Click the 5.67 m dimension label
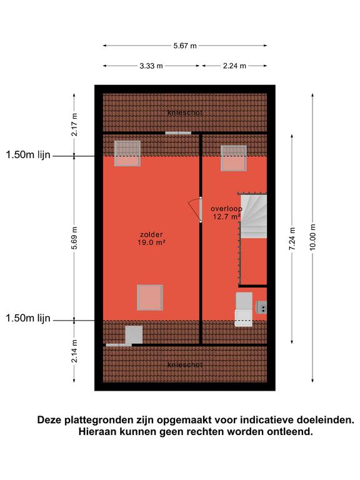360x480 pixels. point(185,46)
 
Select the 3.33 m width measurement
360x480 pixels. point(151,66)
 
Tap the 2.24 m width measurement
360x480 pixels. point(234,66)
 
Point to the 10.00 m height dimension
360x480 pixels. point(312,237)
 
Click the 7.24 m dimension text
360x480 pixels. point(292,239)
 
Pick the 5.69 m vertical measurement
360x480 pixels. point(74,238)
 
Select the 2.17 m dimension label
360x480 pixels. point(74,124)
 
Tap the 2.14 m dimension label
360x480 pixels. point(74,351)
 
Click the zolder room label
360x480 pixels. point(151,235)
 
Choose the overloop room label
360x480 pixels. point(226,209)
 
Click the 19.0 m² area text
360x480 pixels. point(151,242)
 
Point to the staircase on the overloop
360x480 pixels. point(254,216)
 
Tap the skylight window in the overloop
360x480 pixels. point(234,158)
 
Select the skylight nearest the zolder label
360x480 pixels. point(150,297)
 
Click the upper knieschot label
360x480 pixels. point(185,112)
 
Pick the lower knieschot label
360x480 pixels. point(185,365)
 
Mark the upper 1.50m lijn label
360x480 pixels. point(28,155)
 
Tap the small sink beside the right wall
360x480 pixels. point(261,307)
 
